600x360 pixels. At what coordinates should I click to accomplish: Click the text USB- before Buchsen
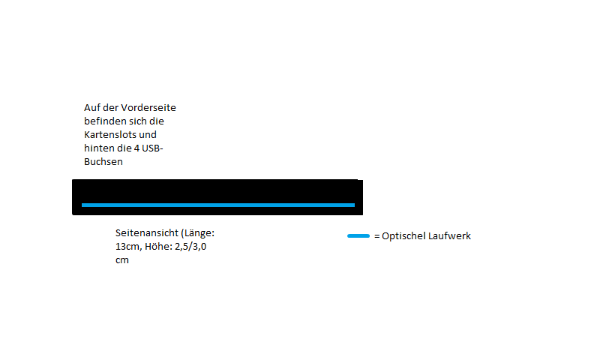tap(152, 148)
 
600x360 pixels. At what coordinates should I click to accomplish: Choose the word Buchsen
tap(103, 162)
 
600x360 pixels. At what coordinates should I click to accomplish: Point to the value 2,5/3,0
tap(195, 247)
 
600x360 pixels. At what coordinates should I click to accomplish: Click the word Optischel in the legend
tap(403, 236)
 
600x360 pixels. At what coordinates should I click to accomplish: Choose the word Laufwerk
tap(449, 236)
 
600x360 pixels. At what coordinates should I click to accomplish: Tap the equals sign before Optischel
tap(376, 236)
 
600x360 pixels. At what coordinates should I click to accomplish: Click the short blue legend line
tap(358, 236)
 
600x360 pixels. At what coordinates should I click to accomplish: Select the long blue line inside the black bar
tap(217, 205)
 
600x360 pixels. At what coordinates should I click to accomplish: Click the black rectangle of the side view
tap(217, 190)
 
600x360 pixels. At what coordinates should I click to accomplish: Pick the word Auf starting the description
tap(92, 108)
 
